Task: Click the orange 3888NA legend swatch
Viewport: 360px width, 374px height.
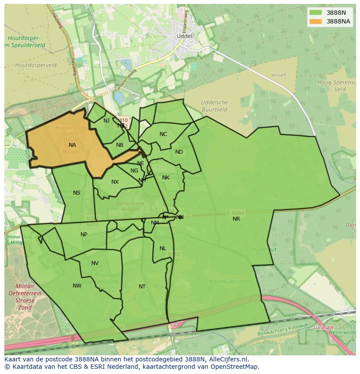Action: click(x=316, y=21)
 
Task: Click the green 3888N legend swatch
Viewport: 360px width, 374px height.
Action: click(x=316, y=13)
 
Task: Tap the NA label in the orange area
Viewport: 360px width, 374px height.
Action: click(x=72, y=145)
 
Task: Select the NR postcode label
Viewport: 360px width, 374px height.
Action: click(x=236, y=219)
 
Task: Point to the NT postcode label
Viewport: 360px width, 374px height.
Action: click(x=142, y=287)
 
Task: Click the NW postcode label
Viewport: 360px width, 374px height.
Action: click(x=77, y=286)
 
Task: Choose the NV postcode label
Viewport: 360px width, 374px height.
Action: click(x=95, y=263)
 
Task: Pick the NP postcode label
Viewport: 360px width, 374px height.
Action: click(x=84, y=235)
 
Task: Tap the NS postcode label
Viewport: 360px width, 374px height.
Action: click(x=77, y=193)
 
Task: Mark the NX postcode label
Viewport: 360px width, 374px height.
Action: click(x=115, y=182)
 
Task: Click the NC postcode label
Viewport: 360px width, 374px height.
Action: click(x=163, y=134)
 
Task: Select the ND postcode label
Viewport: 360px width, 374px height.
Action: click(x=179, y=152)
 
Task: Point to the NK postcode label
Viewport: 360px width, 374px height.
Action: click(x=166, y=178)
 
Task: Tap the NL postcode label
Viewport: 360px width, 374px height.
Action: click(x=163, y=248)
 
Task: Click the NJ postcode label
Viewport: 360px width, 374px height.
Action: click(x=107, y=121)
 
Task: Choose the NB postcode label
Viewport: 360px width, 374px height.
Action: click(x=120, y=145)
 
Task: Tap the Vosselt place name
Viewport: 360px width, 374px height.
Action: click(x=279, y=75)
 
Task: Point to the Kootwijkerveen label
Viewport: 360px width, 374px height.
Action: click(x=230, y=281)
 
